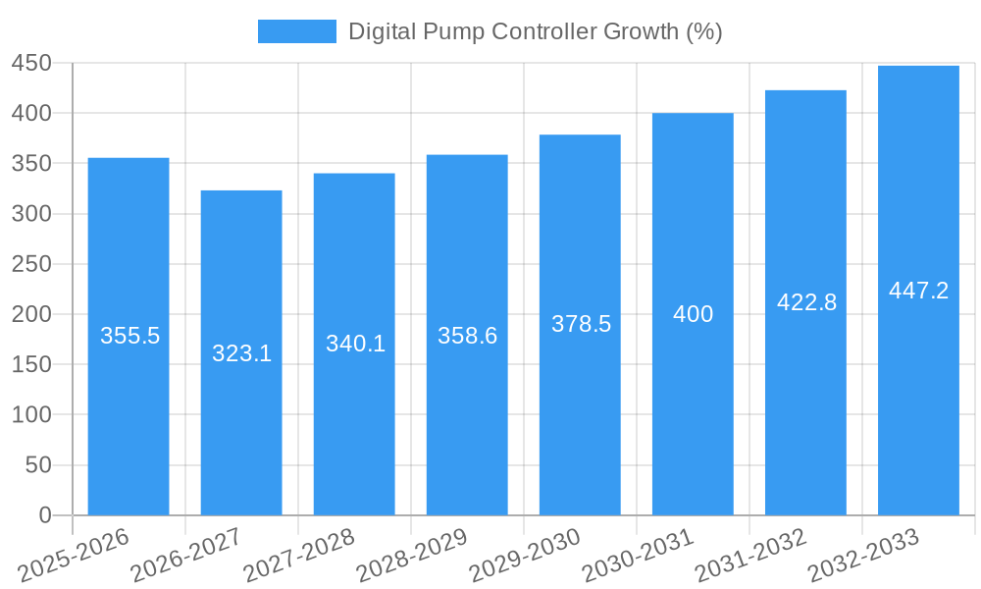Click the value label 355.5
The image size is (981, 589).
pyautogui.click(x=129, y=336)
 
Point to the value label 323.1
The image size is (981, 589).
pyautogui.click(x=241, y=353)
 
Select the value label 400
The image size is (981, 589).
pyautogui.click(x=693, y=315)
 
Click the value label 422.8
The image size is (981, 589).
pyautogui.click(x=806, y=302)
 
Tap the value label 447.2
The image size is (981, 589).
pyautogui.click(x=918, y=291)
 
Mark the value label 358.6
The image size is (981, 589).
pyautogui.click(x=467, y=336)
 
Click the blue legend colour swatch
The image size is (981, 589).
pyautogui.click(x=296, y=31)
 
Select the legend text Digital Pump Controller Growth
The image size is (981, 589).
pyautogui.click(x=535, y=31)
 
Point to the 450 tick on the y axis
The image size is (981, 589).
pyautogui.click(x=31, y=63)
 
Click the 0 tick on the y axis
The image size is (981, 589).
pyautogui.click(x=44, y=515)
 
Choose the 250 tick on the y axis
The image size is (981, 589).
pyautogui.click(x=31, y=264)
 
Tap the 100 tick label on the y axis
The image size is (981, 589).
pyautogui.click(x=31, y=415)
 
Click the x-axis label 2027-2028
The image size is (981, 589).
pyautogui.click(x=300, y=556)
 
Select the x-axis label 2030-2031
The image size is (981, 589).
pyautogui.click(x=639, y=556)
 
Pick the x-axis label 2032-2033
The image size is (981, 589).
pyautogui.click(x=863, y=556)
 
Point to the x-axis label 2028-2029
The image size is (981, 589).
pyautogui.click(x=413, y=556)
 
